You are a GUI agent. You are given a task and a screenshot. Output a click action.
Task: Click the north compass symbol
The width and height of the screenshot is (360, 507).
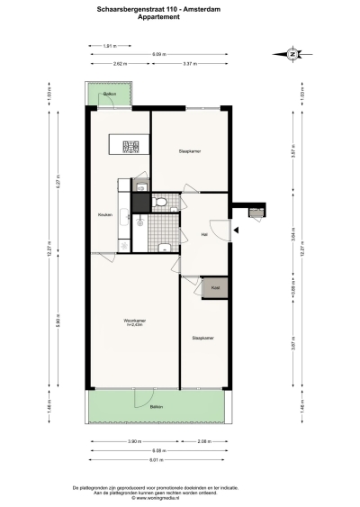(292, 54)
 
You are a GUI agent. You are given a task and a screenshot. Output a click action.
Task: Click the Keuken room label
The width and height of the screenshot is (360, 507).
(105, 214)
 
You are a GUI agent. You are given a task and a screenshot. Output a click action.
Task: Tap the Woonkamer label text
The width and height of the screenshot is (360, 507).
(135, 321)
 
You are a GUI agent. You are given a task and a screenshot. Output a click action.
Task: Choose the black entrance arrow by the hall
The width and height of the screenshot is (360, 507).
(235, 232)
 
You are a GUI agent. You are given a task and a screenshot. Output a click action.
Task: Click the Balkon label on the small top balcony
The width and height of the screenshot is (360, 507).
(110, 94)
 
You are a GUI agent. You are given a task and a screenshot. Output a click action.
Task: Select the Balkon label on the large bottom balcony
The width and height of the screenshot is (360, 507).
(157, 408)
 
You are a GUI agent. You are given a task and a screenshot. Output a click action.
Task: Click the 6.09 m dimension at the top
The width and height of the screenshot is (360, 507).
(157, 54)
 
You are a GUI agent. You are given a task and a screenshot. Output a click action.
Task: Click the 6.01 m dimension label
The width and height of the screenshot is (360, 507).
(157, 459)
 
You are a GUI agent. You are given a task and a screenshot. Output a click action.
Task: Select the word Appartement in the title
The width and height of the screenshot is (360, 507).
(180, 16)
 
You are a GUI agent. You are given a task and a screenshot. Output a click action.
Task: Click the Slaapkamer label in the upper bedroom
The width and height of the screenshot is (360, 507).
(189, 151)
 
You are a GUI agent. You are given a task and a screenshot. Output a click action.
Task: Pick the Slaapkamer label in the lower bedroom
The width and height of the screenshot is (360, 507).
(202, 339)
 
